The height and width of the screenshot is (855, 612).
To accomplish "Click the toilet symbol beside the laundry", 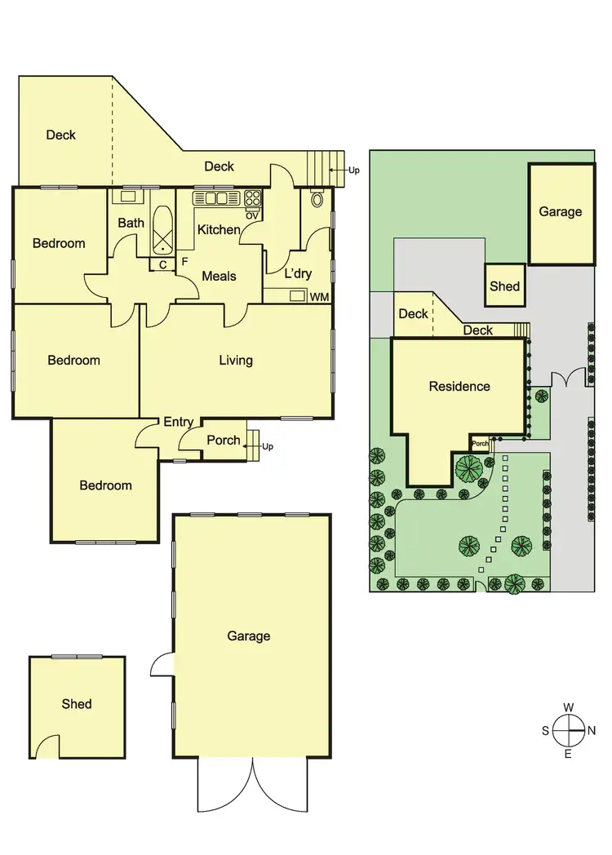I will pos(317,198).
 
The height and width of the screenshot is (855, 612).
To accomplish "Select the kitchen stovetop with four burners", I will pos(252,198).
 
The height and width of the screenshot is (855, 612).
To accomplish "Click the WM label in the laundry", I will pos(320,297).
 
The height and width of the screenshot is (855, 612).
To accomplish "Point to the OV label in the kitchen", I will pos(252,215).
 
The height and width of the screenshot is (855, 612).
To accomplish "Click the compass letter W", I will pos(569,707).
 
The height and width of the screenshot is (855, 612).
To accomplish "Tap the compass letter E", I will pos(569,753).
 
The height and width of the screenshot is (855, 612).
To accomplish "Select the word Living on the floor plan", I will pos(236,360).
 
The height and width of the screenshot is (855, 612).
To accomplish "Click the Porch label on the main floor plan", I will pos(223,440).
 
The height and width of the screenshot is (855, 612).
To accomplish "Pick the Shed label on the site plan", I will pos(504,286).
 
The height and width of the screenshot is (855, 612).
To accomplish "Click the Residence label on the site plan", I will pos(459,386).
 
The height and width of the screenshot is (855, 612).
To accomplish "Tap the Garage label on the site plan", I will pos(561,211).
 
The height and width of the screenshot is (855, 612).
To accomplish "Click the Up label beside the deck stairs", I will pos(353,171).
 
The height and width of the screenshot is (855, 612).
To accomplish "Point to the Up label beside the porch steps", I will pos(268,446).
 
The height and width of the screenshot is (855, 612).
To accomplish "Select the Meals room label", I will pos(219,276).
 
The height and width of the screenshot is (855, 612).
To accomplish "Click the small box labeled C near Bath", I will pos(162,264).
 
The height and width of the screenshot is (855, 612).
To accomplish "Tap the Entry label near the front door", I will pos(178,422).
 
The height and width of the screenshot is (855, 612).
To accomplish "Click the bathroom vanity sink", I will pos(128,196).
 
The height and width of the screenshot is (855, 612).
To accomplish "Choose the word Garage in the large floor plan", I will pos(249,636).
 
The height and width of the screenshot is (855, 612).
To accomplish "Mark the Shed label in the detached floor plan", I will pos(77,703).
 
